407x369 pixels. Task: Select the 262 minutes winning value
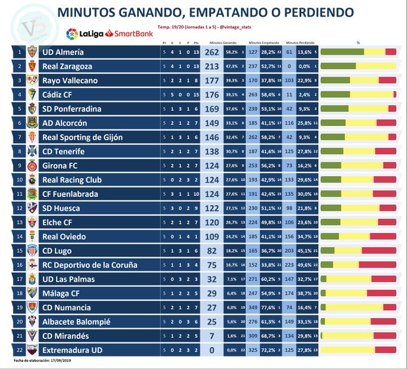coord(212,52)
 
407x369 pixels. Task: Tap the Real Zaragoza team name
coord(66,66)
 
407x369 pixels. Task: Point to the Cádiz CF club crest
coord(32,95)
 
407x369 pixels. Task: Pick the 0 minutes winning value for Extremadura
coord(212,350)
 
